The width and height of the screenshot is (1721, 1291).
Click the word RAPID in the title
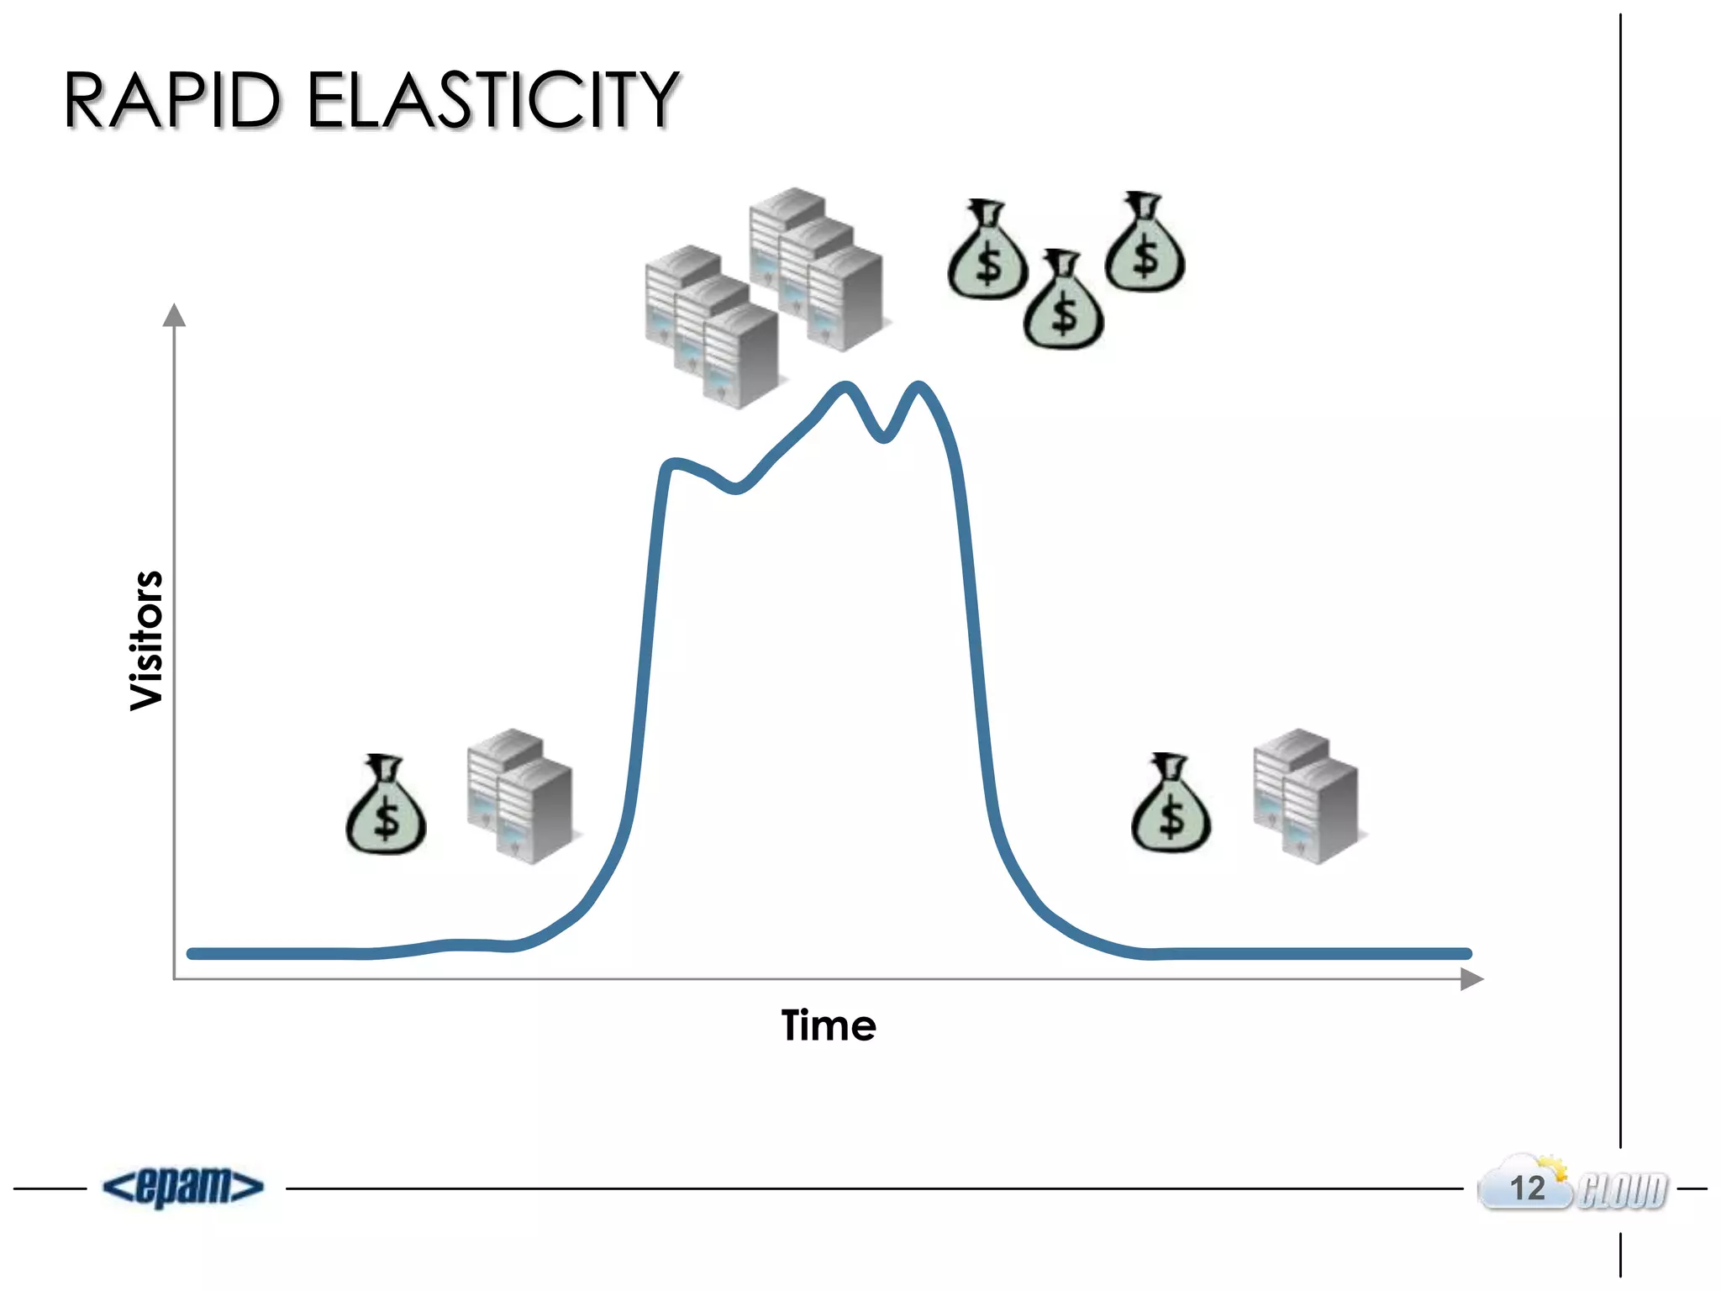point(171,100)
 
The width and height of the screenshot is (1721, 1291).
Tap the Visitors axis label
point(147,640)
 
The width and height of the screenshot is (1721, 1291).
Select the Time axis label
point(829,1025)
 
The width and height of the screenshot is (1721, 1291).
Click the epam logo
point(183,1187)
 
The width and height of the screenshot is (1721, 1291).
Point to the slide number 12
point(1527,1188)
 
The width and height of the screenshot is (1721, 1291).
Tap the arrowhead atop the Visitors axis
point(174,315)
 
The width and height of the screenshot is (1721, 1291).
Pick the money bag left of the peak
point(386,807)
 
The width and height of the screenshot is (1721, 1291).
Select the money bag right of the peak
point(1171,805)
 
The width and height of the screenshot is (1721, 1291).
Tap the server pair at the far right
point(1306,795)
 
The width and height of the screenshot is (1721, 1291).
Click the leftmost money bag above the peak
point(987,251)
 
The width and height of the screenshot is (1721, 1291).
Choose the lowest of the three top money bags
point(1063,302)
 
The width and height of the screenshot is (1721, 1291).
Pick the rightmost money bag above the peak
point(1145,244)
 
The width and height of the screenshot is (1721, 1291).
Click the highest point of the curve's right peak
point(918,386)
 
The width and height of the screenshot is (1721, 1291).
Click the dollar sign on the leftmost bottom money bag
point(387,819)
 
